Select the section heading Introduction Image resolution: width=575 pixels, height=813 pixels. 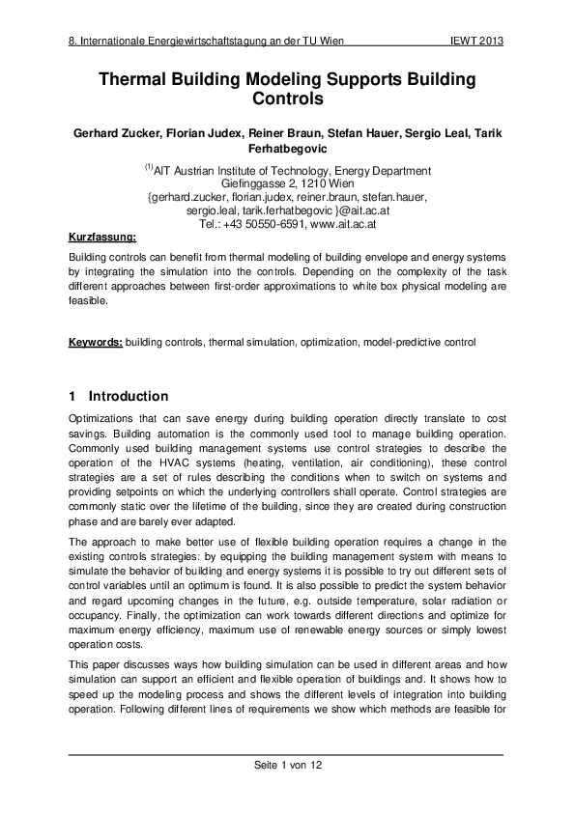(x=129, y=397)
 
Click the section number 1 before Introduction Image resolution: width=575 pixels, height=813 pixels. (x=73, y=397)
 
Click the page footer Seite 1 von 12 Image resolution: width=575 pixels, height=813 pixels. (x=287, y=765)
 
